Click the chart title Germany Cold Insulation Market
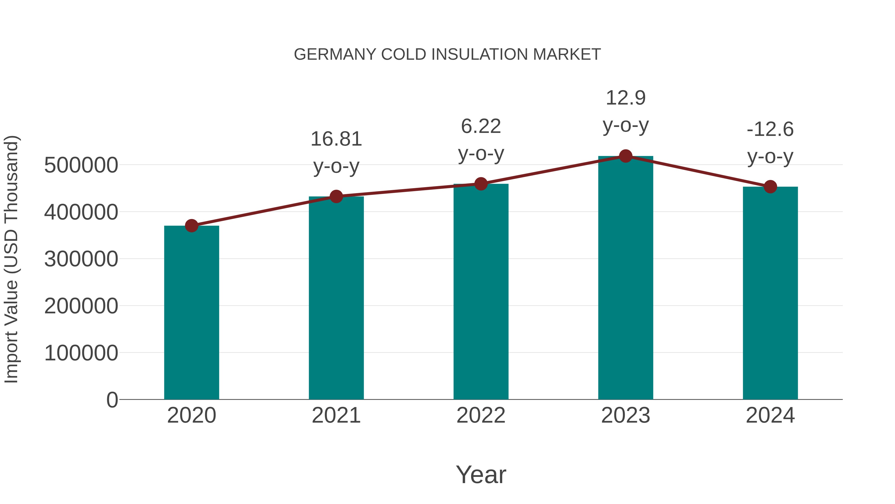point(447,55)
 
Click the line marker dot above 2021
point(336,197)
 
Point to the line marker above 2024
point(770,187)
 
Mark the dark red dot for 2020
point(191,226)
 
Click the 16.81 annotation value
point(336,139)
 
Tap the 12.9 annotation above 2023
point(626,98)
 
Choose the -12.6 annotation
point(770,129)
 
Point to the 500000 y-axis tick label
point(81,165)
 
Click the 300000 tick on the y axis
point(81,259)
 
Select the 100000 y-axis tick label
point(81,353)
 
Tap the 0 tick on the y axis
point(112,400)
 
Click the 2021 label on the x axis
point(336,415)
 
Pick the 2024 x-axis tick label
point(770,415)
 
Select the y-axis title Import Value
point(11,259)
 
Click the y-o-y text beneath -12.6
point(770,157)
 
